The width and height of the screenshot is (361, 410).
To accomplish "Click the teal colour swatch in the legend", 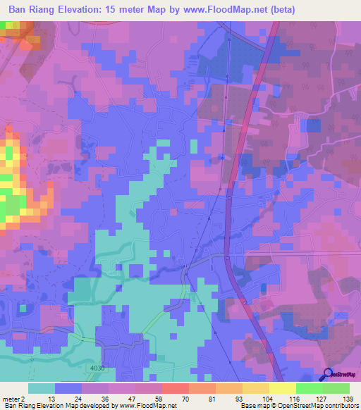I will pyautogui.click(x=42, y=388).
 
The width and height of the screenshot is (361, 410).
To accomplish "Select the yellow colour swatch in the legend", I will pyautogui.click(x=283, y=388).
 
